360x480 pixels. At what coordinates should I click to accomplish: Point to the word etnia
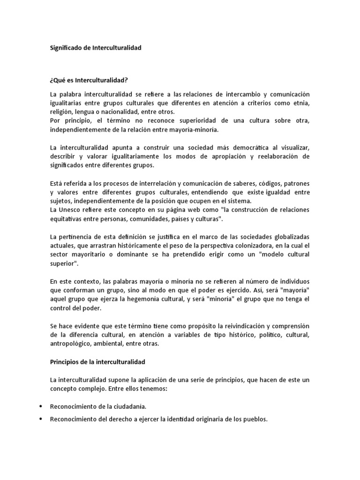coord(301,103)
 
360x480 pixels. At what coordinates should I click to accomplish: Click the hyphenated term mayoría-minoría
coord(195,129)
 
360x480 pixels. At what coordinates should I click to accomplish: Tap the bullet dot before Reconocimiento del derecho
coord(42,420)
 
